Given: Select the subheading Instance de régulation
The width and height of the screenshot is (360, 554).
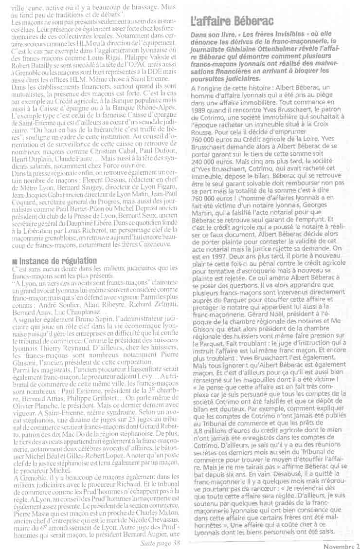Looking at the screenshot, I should point(54,261).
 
